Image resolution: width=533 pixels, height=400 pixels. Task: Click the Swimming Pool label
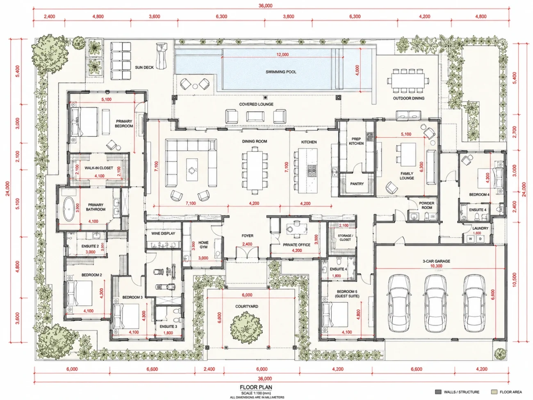(x=281, y=72)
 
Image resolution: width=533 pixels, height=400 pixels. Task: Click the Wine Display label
(x=163, y=233)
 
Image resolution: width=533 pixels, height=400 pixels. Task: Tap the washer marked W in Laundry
(x=470, y=239)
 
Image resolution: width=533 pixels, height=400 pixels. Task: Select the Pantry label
(x=357, y=184)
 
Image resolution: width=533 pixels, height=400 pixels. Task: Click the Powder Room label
(x=427, y=205)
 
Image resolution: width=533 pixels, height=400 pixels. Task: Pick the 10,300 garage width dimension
(x=437, y=266)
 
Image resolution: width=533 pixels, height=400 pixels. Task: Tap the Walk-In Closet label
(x=98, y=168)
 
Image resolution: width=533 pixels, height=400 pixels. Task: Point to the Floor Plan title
(x=256, y=387)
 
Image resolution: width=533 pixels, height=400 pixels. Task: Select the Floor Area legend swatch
(x=494, y=392)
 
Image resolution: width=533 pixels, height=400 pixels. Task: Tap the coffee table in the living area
(x=192, y=169)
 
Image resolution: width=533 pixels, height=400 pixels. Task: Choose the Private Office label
(x=296, y=245)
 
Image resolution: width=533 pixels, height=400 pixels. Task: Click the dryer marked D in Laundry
(x=480, y=239)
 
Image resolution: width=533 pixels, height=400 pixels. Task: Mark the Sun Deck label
(x=144, y=67)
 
